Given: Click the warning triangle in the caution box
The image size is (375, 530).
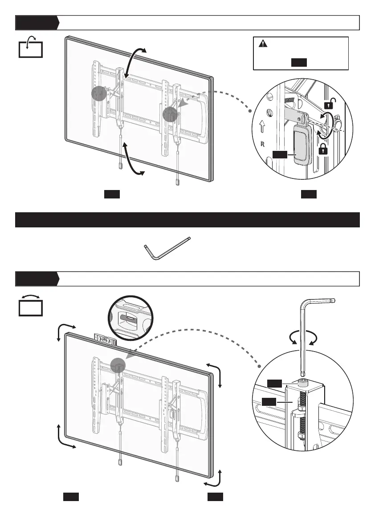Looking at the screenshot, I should click(x=263, y=44).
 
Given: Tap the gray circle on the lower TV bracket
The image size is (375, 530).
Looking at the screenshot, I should click(x=118, y=364).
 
